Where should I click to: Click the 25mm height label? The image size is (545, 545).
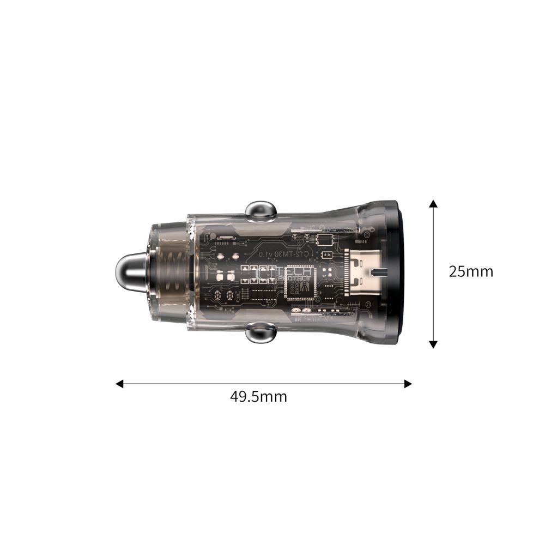470,271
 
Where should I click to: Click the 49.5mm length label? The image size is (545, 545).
258,396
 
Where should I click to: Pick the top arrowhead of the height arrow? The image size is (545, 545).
433,203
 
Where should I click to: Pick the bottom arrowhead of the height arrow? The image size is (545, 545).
433,344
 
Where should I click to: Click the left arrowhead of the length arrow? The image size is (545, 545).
119,384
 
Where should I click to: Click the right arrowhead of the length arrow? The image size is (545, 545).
408,384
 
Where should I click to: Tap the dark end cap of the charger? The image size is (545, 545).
394,272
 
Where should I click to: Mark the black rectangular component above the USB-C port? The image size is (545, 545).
326,239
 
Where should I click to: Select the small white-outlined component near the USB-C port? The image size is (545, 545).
328,255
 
